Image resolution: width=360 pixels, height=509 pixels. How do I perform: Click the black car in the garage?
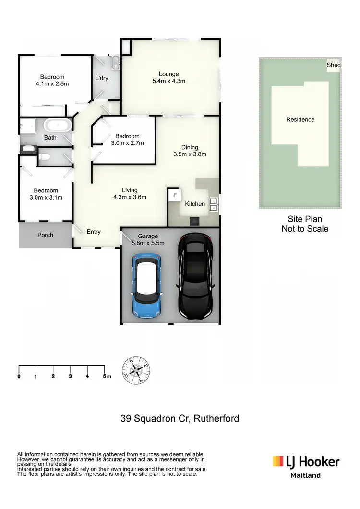pyautogui.click(x=195, y=277)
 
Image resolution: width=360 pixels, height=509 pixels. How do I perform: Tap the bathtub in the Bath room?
pyautogui.click(x=58, y=126)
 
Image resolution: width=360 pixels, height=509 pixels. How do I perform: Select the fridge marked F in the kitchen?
pyautogui.click(x=175, y=195)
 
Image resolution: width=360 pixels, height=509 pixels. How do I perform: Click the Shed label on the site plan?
pyautogui.click(x=334, y=65)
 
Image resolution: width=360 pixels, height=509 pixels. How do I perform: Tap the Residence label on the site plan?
pyautogui.click(x=300, y=119)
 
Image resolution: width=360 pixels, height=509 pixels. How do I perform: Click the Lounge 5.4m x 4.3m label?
pyautogui.click(x=169, y=78)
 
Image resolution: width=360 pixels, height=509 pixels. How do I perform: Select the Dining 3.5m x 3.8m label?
pyautogui.click(x=189, y=151)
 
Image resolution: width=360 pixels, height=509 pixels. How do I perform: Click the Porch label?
pyautogui.click(x=46, y=235)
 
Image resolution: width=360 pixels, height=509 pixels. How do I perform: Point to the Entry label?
pyautogui.click(x=94, y=232)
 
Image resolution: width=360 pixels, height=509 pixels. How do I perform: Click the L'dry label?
pyautogui.click(x=102, y=78)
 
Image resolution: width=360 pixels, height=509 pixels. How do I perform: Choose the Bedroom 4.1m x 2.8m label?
pyautogui.click(x=52, y=80)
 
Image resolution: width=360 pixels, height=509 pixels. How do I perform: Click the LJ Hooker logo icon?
pyautogui.click(x=278, y=462)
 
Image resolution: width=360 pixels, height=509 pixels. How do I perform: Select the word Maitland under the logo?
pyautogui.click(x=306, y=475)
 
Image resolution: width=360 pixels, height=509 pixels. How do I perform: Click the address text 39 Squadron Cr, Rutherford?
pyautogui.click(x=180, y=418)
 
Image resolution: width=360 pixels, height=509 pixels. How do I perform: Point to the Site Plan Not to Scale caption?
pyautogui.click(x=305, y=224)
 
